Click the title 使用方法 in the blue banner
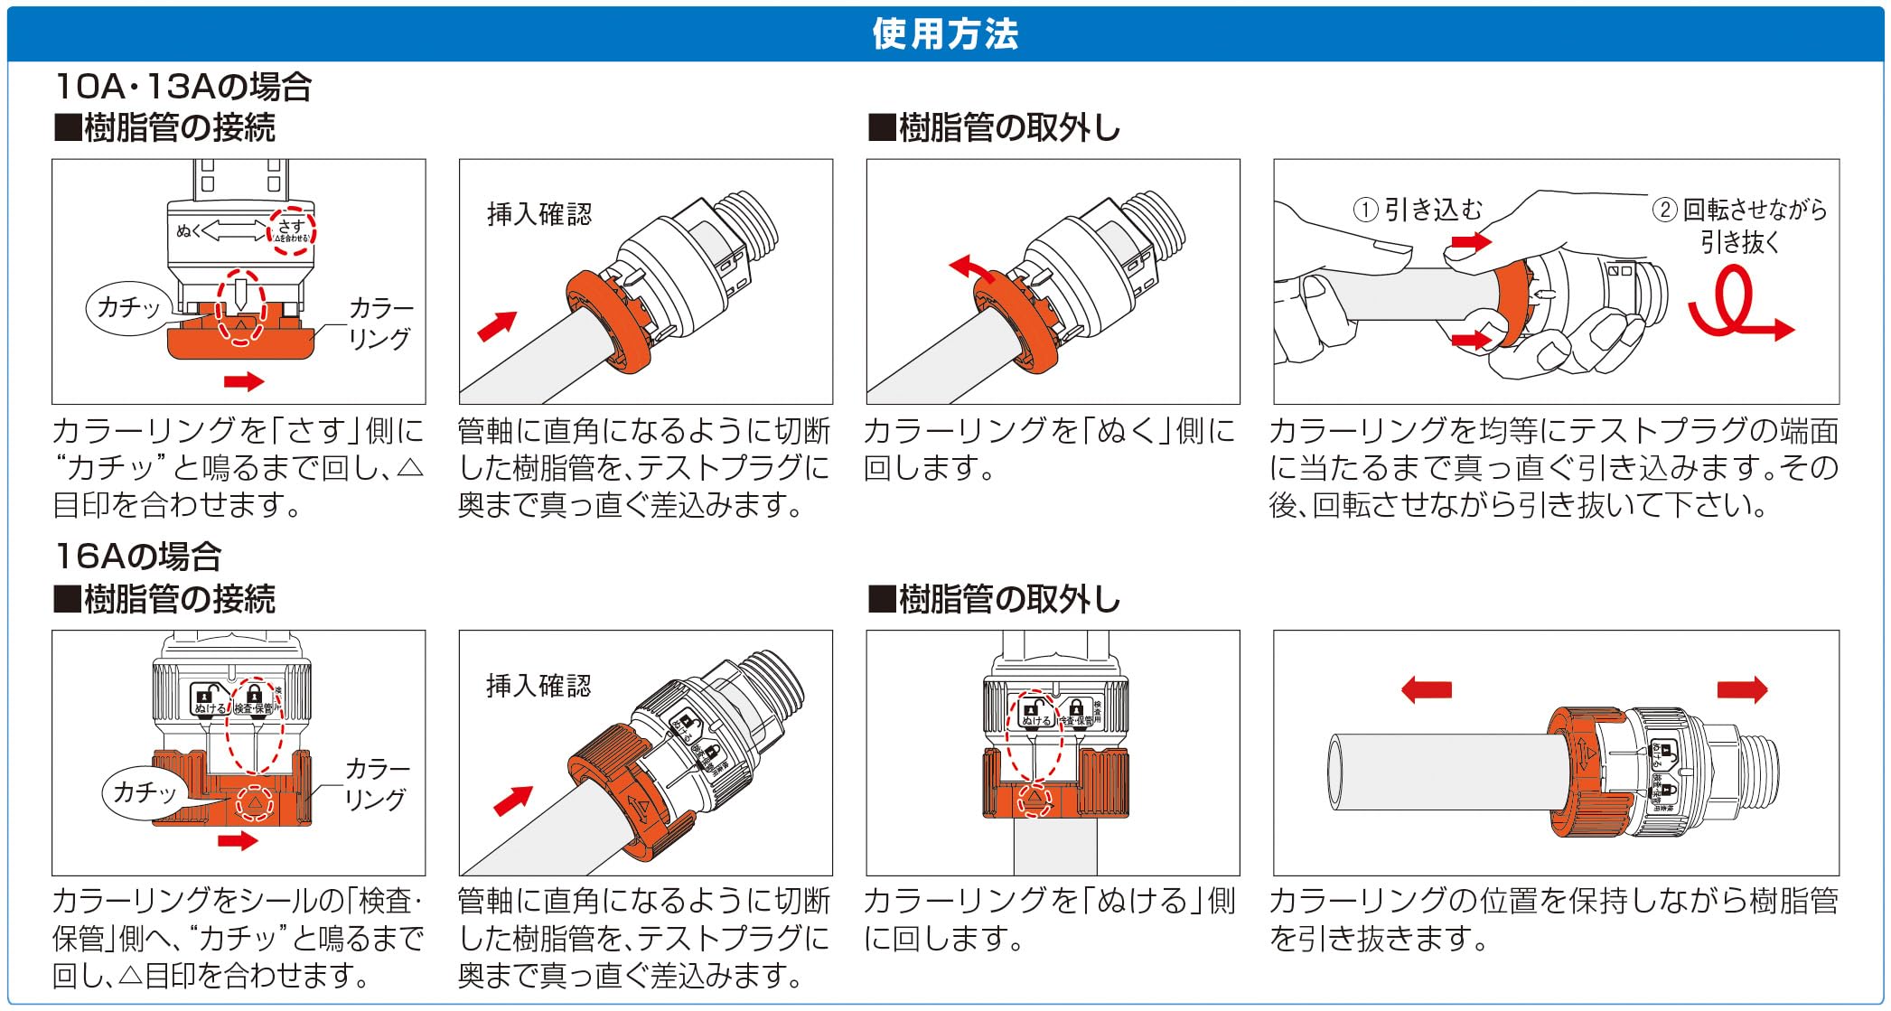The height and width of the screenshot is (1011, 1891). point(945,34)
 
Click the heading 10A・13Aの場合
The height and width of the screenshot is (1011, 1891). point(183,87)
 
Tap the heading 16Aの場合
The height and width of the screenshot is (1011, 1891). point(138,557)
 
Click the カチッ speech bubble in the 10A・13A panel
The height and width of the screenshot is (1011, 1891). point(127,308)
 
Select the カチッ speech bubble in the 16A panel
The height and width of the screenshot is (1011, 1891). point(144,793)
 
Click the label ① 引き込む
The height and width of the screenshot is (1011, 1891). point(1418,211)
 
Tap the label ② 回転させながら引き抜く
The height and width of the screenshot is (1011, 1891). point(1739,226)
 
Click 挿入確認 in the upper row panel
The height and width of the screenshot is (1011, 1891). point(539,214)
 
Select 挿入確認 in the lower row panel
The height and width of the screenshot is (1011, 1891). point(538,686)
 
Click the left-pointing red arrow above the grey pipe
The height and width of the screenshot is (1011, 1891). point(1427,690)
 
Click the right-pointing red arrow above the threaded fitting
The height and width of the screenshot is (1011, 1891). point(1741,690)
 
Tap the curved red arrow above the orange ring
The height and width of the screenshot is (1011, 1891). point(971,267)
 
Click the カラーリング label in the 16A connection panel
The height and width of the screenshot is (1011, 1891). point(377,784)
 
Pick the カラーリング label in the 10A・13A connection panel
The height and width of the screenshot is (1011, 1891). point(380,323)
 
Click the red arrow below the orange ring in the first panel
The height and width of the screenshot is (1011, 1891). point(243,381)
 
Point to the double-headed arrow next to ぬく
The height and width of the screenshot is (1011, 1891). point(235,231)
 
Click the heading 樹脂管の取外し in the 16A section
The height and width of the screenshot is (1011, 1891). point(994,599)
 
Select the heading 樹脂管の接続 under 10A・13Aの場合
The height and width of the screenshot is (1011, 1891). point(165,128)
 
